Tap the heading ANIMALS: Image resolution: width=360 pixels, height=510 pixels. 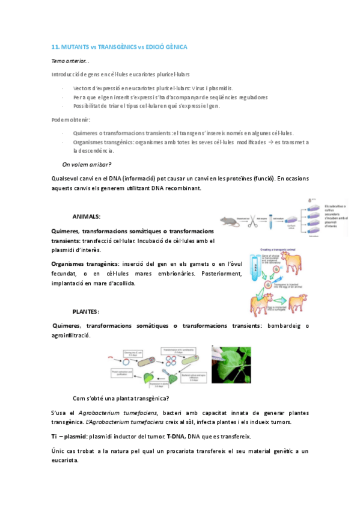tap(87, 216)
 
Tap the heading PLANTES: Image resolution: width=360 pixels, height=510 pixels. tap(86, 312)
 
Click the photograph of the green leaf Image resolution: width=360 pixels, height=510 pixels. tap(231, 366)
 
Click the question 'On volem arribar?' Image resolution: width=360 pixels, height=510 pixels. tap(87, 164)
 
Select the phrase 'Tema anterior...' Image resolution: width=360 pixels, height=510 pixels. tap(70, 61)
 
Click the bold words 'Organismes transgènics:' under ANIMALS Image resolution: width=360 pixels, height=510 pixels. tap(85, 264)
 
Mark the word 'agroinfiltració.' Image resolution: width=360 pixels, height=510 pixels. tap(72, 335)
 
